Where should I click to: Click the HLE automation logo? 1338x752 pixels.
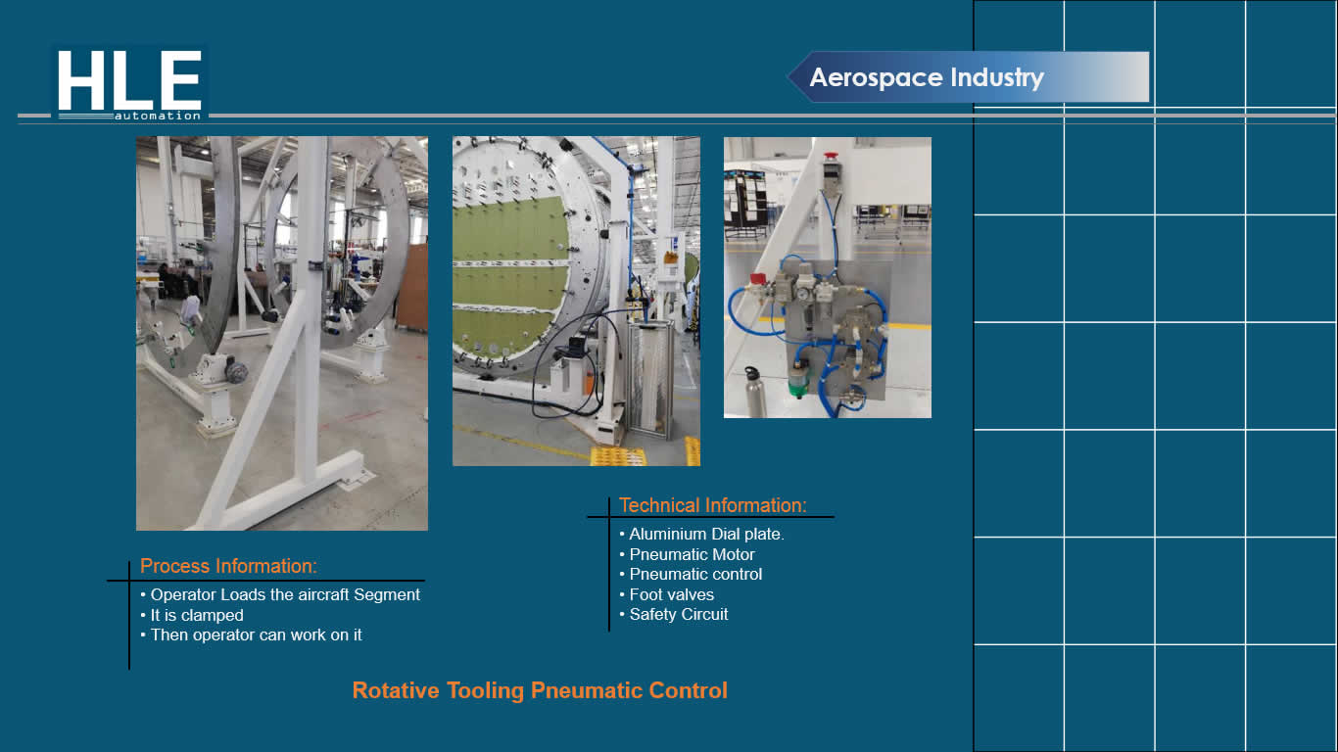129,84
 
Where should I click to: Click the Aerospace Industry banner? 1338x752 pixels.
969,77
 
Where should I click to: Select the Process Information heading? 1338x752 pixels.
228,566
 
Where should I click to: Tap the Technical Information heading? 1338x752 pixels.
713,505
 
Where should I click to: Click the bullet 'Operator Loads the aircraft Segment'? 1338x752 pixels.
280,595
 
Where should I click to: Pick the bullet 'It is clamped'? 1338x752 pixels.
192,615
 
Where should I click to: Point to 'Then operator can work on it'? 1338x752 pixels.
251,634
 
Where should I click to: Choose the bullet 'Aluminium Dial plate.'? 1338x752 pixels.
702,534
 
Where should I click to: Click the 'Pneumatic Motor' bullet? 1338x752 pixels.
687,554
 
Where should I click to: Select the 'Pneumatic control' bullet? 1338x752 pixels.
691,574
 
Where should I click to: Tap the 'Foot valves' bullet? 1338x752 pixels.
667,594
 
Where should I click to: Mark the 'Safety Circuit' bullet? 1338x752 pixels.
674,614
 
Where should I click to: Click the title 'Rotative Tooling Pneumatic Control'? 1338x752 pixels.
540,690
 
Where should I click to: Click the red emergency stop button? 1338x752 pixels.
831,157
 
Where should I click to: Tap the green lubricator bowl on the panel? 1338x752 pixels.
797,383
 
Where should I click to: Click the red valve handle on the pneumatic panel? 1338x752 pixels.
758,279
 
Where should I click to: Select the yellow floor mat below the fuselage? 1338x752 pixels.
619,456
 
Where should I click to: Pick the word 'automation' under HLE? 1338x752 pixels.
158,116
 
